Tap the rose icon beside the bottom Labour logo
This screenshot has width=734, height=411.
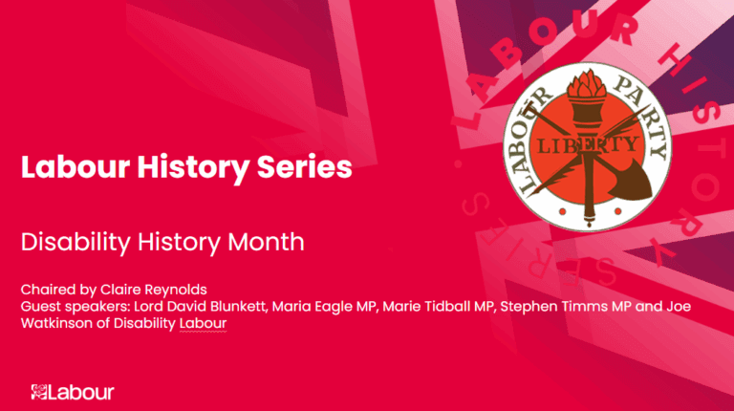coord(39,392)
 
